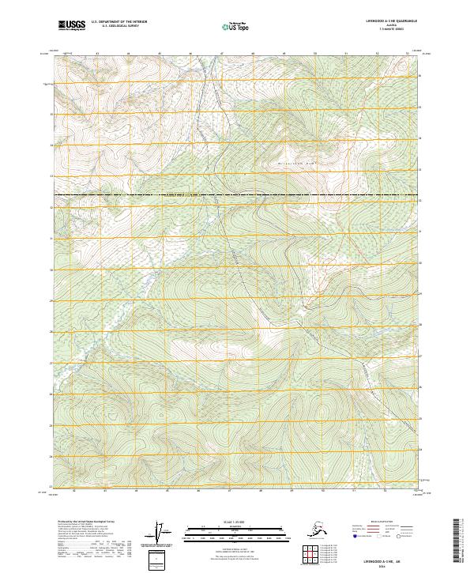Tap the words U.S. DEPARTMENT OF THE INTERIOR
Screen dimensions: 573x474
click(119, 23)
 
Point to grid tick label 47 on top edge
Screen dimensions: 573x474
click(222, 54)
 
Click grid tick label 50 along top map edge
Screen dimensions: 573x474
click(315, 54)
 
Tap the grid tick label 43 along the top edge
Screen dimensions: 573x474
click(97, 54)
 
